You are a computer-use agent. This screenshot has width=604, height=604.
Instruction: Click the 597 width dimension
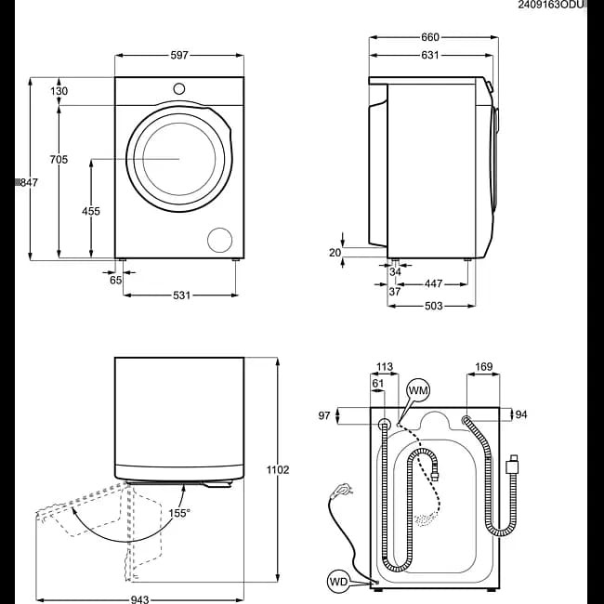coord(179,55)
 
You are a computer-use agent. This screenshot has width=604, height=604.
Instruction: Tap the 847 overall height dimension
coord(29,182)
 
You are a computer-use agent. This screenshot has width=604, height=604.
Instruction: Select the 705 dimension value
coord(59,159)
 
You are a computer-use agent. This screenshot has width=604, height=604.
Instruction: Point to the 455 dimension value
coord(91,211)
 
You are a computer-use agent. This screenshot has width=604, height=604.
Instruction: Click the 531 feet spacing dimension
coord(181,295)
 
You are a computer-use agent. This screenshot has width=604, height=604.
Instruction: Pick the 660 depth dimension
coord(430,37)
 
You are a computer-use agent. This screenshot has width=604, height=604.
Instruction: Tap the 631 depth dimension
coord(430,55)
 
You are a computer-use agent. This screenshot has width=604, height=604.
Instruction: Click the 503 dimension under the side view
coord(433,306)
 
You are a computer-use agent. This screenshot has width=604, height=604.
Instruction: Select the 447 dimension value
coord(433,284)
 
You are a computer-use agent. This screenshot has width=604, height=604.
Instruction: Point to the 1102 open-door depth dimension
coord(278,470)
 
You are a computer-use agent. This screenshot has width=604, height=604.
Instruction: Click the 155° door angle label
coord(179,513)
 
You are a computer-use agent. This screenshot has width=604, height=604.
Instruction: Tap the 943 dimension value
coord(139,599)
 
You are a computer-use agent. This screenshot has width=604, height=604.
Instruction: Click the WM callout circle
coord(418,390)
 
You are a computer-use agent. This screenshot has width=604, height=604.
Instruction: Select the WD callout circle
coord(339,582)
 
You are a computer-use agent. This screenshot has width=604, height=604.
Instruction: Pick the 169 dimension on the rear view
coord(484,367)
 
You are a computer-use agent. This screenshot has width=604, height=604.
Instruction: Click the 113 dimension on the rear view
coord(385,367)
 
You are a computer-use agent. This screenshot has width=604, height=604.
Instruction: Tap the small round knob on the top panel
coord(179,88)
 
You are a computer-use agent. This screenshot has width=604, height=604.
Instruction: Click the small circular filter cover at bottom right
coord(219,240)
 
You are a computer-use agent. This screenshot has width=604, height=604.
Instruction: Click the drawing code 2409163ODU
coord(551,5)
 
